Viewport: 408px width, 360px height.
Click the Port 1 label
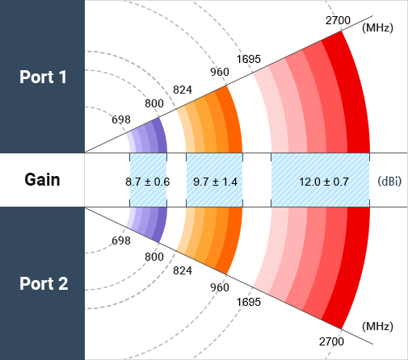43,77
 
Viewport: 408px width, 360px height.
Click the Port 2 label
44,283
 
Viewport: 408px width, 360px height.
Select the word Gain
42,180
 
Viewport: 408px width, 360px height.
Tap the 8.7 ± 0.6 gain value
148,182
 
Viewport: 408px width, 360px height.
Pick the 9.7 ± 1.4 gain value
215,182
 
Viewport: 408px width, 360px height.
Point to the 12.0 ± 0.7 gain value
324,182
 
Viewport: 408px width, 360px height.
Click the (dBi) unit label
389,182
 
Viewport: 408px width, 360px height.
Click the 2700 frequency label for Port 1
338,20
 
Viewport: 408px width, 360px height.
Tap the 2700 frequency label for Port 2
331,341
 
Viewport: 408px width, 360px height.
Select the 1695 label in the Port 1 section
249,59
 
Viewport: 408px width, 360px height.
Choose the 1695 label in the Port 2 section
249,302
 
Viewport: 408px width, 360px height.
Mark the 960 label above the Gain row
220,72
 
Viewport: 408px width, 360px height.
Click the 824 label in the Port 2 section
183,270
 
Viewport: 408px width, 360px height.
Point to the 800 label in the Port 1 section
154,103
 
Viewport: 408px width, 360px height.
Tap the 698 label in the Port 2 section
121,241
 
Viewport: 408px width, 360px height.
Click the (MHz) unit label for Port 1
377,27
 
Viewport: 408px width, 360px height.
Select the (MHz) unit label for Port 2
377,326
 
